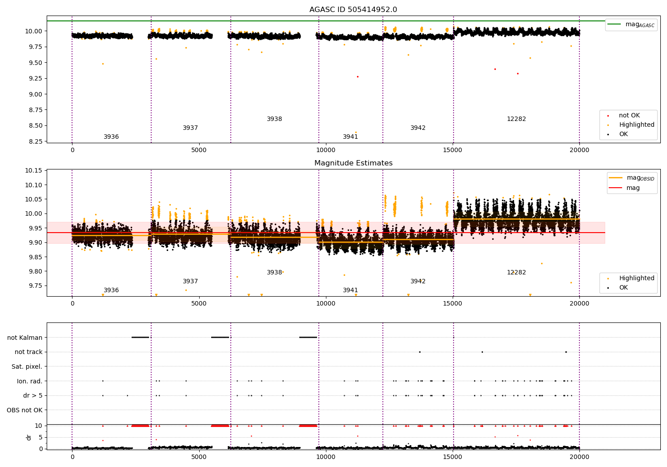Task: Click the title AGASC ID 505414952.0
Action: click(x=353, y=10)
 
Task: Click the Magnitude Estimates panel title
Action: click(x=353, y=163)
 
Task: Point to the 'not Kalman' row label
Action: click(x=25, y=338)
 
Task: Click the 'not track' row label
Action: click(x=28, y=352)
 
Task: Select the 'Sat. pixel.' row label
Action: click(x=27, y=366)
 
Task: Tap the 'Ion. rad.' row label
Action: click(x=29, y=381)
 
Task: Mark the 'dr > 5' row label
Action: click(x=33, y=395)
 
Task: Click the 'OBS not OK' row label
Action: click(x=24, y=410)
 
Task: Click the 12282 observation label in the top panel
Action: click(x=516, y=119)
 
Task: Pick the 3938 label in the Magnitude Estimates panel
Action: click(x=274, y=273)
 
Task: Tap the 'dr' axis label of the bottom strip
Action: click(x=29, y=437)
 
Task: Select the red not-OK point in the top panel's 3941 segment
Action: click(x=358, y=76)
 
